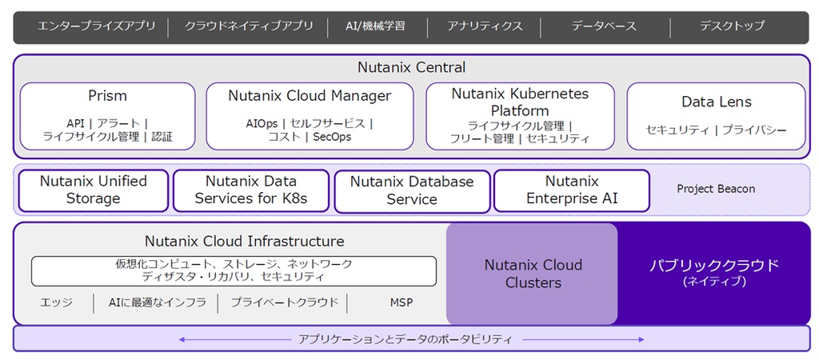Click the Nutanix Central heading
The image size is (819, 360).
(411, 67)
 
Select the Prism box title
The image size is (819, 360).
(107, 96)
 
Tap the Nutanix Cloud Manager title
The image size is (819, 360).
(310, 96)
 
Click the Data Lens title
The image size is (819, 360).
(716, 102)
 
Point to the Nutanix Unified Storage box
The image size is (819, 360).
(94, 190)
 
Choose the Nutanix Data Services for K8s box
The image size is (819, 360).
(250, 190)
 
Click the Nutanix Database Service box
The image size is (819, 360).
(412, 190)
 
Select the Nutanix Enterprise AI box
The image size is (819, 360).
(571, 190)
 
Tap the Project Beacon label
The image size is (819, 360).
(716, 189)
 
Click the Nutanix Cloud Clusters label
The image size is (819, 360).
(533, 274)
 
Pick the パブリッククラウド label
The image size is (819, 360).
(714, 265)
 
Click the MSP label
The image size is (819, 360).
(402, 302)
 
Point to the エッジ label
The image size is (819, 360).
(56, 302)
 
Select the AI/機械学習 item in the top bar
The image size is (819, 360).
(375, 26)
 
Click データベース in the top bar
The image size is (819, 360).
(604, 26)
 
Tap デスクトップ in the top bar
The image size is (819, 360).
(732, 26)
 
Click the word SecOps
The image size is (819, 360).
(332, 137)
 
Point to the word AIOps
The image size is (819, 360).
(262, 124)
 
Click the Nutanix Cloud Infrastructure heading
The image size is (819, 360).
(245, 241)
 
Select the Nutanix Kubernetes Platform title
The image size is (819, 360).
(520, 102)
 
